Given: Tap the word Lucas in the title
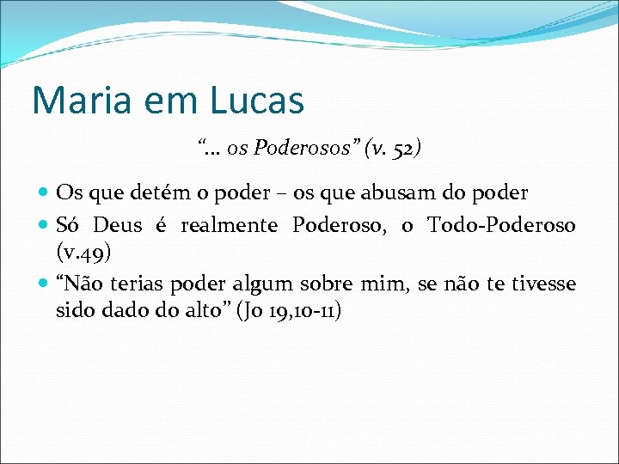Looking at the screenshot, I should coord(256,101).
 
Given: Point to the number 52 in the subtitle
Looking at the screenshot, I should coord(402,149).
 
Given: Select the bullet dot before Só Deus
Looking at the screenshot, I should coord(44,226).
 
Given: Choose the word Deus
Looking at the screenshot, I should coord(117,225).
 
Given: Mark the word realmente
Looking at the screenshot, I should coord(229,225).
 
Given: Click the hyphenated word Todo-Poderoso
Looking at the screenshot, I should coord(502,225).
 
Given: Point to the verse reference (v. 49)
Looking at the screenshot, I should coord(83,253).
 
